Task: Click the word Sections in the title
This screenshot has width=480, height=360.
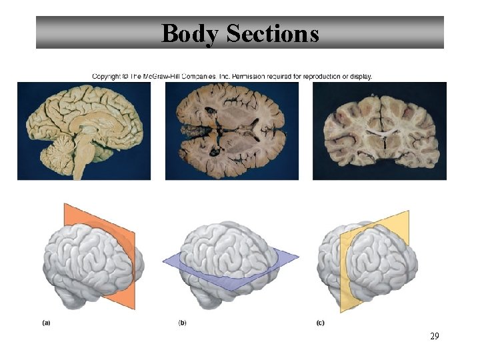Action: pyautogui.click(x=273, y=33)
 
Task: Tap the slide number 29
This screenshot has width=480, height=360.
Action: pyautogui.click(x=434, y=337)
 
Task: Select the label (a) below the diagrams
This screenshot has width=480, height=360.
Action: pyautogui.click(x=46, y=323)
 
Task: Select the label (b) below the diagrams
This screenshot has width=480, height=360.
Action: pyautogui.click(x=182, y=323)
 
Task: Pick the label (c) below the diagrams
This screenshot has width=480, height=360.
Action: pyautogui.click(x=320, y=323)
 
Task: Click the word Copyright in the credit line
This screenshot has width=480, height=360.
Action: pyautogui.click(x=106, y=76)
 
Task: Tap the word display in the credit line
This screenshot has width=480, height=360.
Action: pyautogui.click(x=361, y=76)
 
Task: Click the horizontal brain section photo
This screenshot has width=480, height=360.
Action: pyautogui.click(x=231, y=131)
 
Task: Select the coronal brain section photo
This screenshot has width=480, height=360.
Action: pyautogui.click(x=379, y=131)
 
